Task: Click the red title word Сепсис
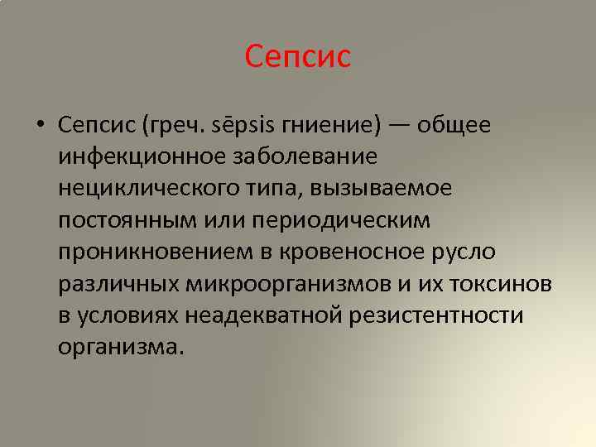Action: click(298, 56)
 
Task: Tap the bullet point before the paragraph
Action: click(40, 125)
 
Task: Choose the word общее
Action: click(454, 125)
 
